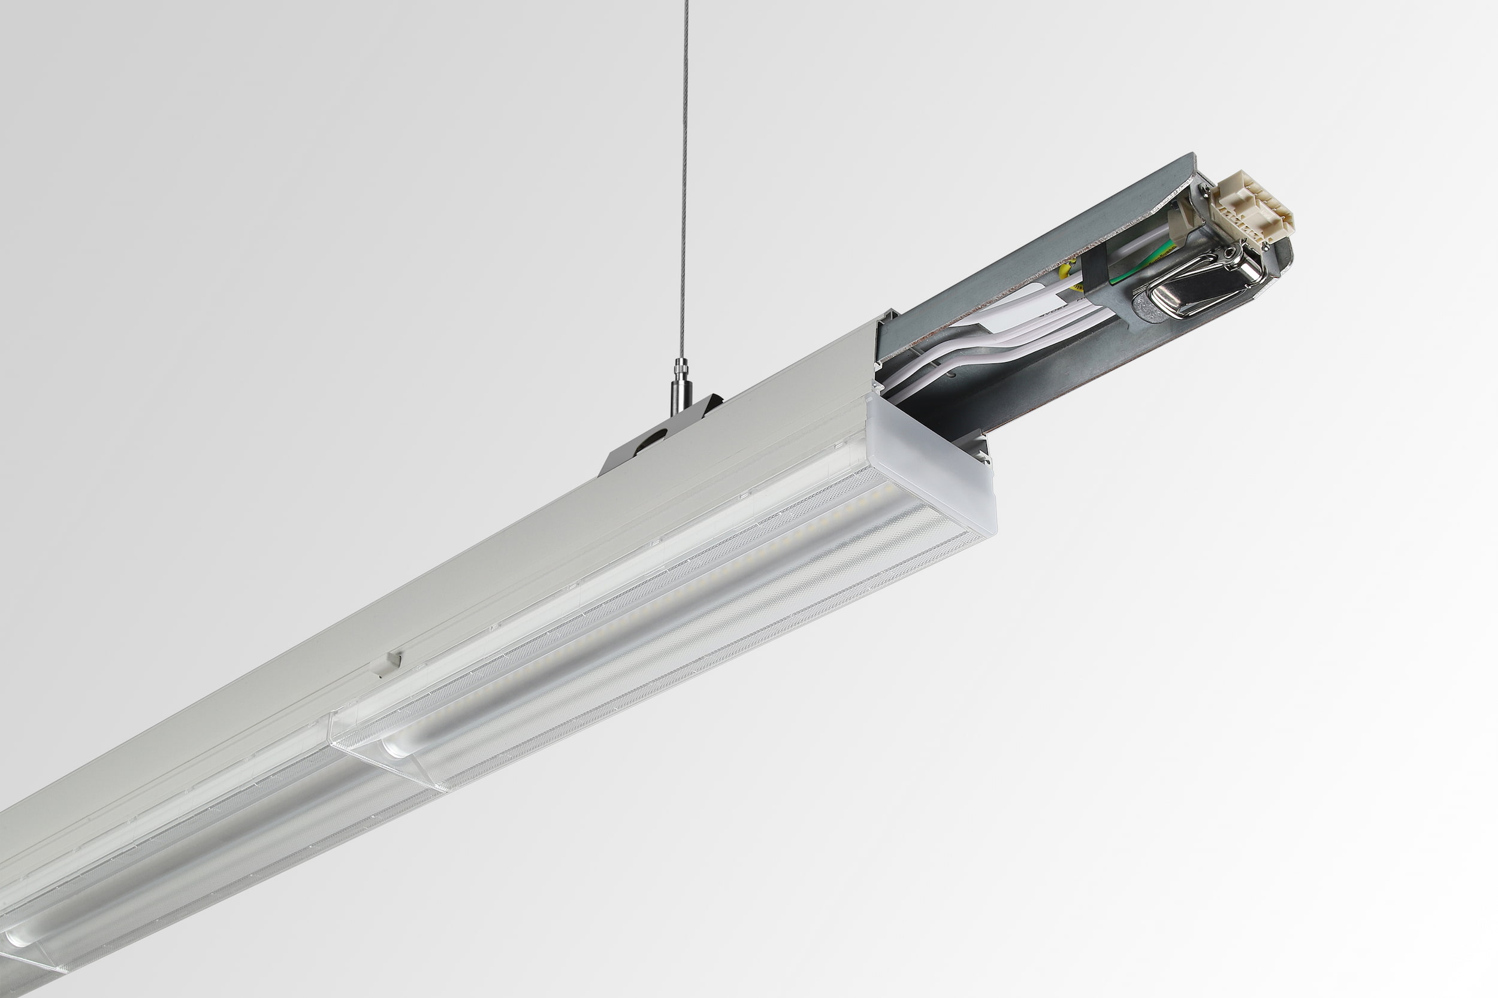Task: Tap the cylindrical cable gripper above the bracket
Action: (x=679, y=389)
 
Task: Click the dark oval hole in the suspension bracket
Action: (x=652, y=440)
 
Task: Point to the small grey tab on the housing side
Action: (x=386, y=663)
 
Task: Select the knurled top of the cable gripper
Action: (x=681, y=366)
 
